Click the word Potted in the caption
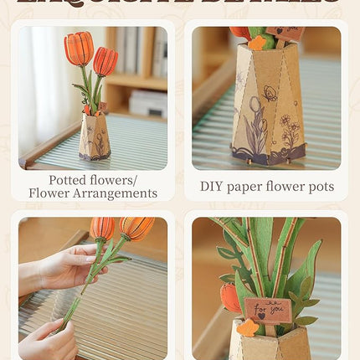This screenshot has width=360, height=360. pos(69,179)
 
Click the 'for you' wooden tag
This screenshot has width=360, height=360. pos(269,310)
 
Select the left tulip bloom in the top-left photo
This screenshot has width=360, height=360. pos(78,49)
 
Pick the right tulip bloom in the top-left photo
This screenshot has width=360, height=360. pos(105,61)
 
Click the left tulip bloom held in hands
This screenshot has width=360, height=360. pos(101,229)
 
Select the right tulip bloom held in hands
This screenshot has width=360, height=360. pos(135,227)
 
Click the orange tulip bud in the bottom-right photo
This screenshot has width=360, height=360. pos(230,297)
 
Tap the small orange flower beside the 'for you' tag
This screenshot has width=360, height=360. pos(247,328)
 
